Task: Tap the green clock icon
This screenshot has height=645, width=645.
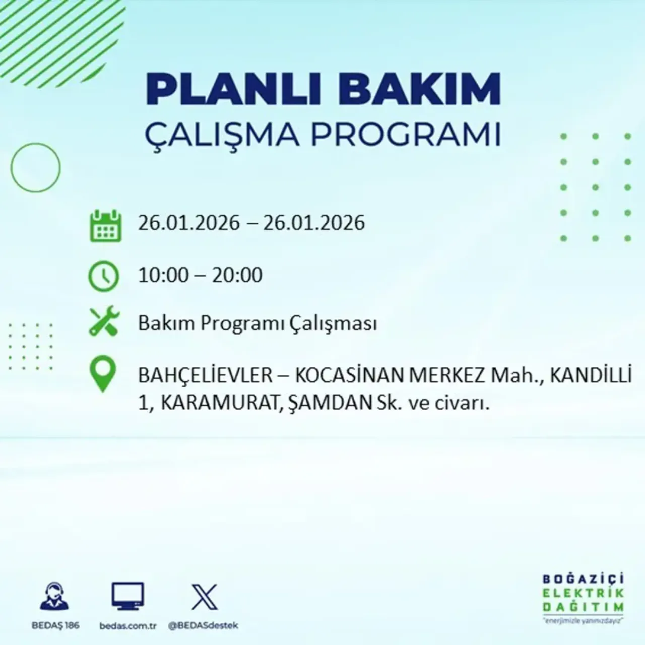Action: pos(104,277)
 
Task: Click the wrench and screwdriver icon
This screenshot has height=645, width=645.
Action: pos(104,322)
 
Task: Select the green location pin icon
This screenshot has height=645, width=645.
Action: pos(103,373)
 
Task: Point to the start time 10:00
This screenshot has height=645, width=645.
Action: pos(163,276)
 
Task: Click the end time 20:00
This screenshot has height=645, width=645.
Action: pos(237,276)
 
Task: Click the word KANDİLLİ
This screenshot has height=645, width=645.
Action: pos(590,376)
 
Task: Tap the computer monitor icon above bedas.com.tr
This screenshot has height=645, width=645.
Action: pos(127,597)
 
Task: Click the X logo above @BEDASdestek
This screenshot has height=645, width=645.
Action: pos(205,597)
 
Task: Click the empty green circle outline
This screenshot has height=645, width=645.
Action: pos(35,167)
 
